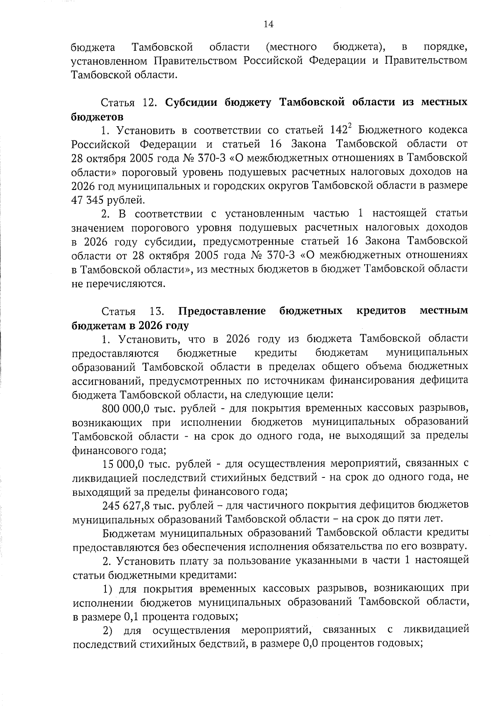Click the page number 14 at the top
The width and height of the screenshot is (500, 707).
268,25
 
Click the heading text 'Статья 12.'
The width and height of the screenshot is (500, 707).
128,102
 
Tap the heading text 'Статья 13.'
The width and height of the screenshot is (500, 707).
132,311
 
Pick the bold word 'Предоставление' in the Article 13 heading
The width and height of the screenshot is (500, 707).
222,311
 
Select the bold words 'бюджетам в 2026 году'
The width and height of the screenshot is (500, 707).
130,325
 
